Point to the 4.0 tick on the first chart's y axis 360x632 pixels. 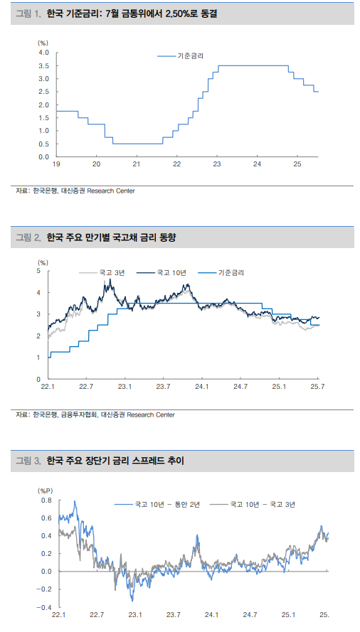(x=43, y=53)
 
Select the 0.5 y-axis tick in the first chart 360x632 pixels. (x=43, y=144)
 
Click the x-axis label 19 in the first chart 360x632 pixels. (x=55, y=164)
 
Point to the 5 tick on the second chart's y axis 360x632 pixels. (x=39, y=271)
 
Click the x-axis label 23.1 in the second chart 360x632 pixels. (x=125, y=387)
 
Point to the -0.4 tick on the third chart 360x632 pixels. (x=45, y=607)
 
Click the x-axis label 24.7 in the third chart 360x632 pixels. (x=250, y=615)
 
